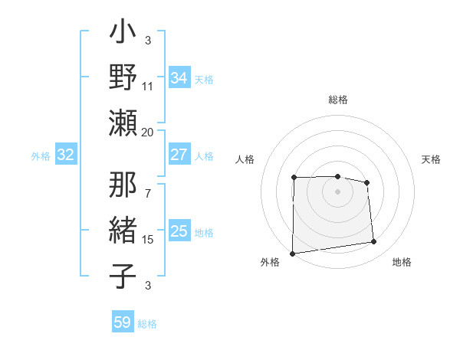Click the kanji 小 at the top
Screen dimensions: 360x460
[123, 34]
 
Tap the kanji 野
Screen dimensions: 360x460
[123, 78]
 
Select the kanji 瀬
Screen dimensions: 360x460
[123, 123]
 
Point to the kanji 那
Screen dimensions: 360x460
[123, 186]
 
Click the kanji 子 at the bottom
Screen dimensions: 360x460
[123, 277]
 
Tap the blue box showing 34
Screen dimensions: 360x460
[179, 78]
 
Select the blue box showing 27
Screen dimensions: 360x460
[179, 155]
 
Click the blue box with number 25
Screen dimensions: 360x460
[179, 231]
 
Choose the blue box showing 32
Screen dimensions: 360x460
[65, 155]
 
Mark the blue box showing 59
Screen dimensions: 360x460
[122, 322]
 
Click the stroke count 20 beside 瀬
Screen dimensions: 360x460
[148, 132]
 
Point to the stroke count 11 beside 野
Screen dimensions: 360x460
[148, 87]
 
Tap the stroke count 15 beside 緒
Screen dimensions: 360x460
[148, 240]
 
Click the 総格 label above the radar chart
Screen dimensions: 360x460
[338, 100]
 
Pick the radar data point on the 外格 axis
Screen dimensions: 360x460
[292, 254]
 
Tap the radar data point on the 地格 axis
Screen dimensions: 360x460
[374, 242]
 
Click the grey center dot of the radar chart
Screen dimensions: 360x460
[337, 191]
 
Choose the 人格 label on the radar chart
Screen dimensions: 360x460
[245, 159]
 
